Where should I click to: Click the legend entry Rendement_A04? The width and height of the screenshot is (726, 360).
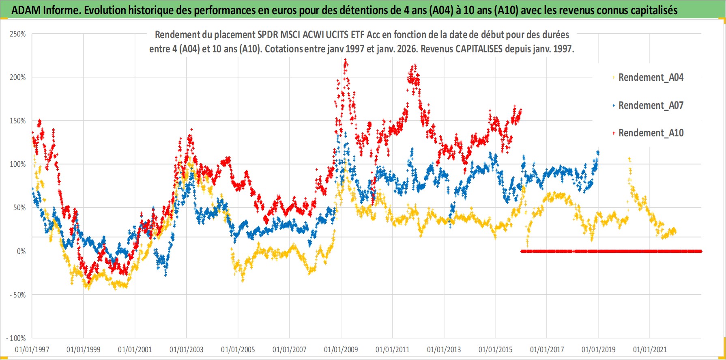coord(650,77)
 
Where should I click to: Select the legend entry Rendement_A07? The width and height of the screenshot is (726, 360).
coord(650,105)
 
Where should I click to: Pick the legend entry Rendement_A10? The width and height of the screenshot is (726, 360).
coord(650,133)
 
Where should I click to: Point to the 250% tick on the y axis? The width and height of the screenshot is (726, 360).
coord(18,34)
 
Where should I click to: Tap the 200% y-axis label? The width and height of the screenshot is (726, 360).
coord(18,77)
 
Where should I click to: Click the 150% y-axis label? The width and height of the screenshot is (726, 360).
coord(18,121)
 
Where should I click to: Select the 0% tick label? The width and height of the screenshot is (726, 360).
coord(21,251)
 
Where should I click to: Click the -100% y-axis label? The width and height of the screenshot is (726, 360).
coord(16,338)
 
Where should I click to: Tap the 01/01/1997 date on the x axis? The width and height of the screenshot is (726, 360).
coord(32,349)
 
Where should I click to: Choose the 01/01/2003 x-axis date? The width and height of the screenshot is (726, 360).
coord(187,349)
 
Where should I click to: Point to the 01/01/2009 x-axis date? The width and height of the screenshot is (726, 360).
coord(341,349)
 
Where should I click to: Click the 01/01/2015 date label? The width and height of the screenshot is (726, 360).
coord(495,349)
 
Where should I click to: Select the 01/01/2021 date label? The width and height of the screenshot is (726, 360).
coord(650,349)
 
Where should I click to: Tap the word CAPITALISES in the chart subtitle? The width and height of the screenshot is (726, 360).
coord(479,49)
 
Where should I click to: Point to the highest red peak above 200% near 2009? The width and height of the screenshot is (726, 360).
coord(345,60)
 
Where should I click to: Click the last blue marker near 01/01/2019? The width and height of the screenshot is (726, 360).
coord(598,153)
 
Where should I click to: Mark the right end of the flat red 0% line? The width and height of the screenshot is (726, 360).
coord(700,251)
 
